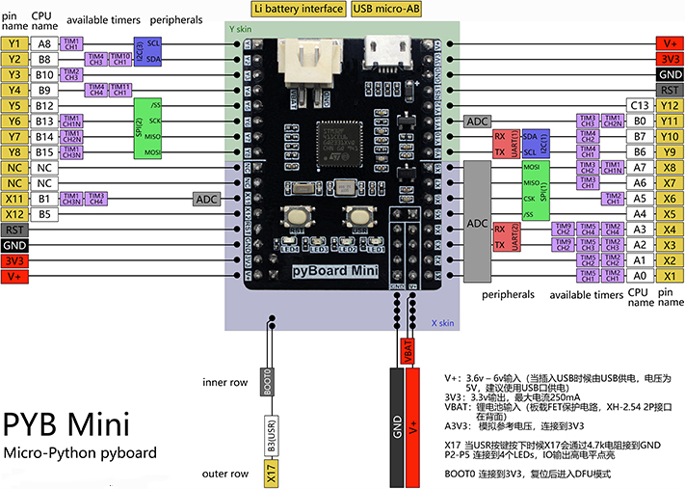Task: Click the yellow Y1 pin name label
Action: coord(14,44)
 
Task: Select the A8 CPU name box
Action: coord(44,44)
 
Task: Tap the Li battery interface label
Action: coord(299,9)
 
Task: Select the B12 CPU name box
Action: coord(44,105)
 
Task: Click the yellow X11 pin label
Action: coord(14,199)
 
